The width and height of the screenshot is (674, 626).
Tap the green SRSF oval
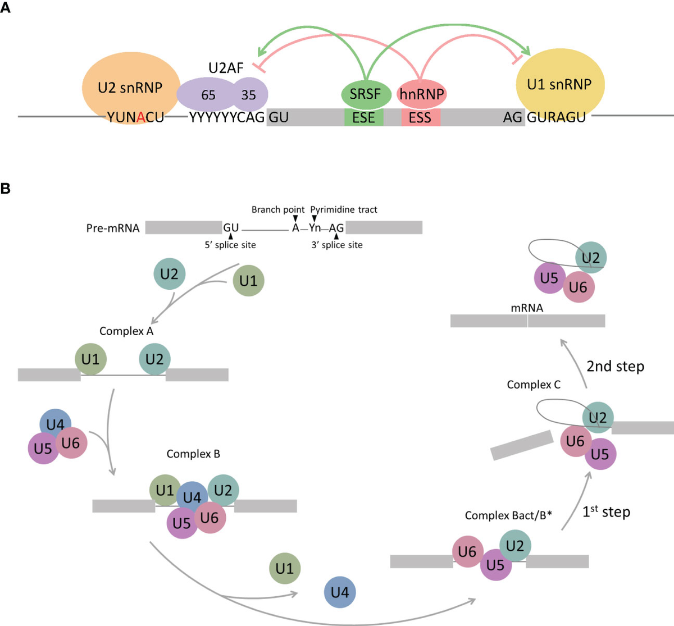(x=366, y=94)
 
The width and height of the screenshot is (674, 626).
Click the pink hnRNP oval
(x=422, y=94)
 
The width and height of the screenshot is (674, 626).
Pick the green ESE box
(x=364, y=117)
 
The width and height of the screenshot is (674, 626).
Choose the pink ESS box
(x=420, y=117)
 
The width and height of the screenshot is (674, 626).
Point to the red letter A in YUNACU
(x=141, y=117)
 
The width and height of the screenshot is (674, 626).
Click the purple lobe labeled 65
(x=208, y=95)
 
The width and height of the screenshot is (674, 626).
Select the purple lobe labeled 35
(x=249, y=95)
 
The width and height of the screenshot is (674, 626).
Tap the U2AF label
(x=226, y=68)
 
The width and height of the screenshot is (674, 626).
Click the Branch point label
(x=277, y=209)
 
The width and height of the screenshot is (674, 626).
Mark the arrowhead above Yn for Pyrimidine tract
(x=315, y=218)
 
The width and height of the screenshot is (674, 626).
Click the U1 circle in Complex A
(x=90, y=359)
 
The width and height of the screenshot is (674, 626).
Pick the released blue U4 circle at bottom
(x=340, y=592)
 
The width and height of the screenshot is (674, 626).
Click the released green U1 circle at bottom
(x=285, y=568)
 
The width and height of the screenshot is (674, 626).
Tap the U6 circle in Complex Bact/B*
(x=467, y=552)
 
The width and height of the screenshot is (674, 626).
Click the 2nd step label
(x=615, y=366)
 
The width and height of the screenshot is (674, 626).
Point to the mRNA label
(x=527, y=308)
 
